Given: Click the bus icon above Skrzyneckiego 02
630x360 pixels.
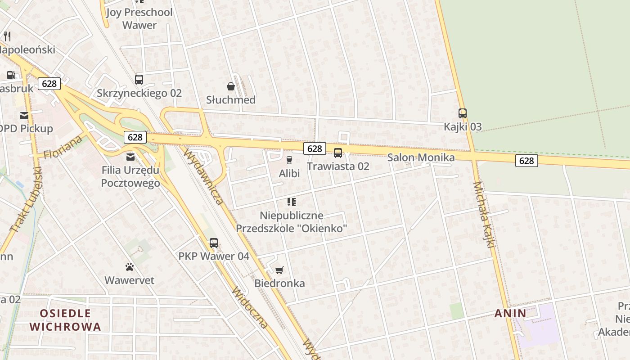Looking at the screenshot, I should pyautogui.click(x=139, y=80).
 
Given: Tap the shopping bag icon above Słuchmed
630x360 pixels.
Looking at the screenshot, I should pyautogui.click(x=231, y=86).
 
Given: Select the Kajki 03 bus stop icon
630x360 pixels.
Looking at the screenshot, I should pyautogui.click(x=463, y=113).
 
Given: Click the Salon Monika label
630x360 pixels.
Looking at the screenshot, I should pyautogui.click(x=421, y=157).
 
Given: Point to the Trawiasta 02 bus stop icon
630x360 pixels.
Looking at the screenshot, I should pyautogui.click(x=338, y=153).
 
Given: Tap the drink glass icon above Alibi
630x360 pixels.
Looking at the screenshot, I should pyautogui.click(x=289, y=160).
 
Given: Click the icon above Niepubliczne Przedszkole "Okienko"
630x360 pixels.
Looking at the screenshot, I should pyautogui.click(x=292, y=202).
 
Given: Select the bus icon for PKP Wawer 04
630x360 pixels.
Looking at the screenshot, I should pyautogui.click(x=214, y=243).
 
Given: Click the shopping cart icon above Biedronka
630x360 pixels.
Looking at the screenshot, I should pyautogui.click(x=279, y=270).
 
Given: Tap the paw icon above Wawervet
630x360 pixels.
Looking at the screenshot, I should pyautogui.click(x=130, y=267).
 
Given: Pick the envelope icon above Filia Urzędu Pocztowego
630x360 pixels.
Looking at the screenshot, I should pyautogui.click(x=130, y=157).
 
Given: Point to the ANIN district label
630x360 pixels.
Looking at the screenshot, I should pyautogui.click(x=510, y=314).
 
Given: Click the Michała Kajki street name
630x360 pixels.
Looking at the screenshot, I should pyautogui.click(x=484, y=214).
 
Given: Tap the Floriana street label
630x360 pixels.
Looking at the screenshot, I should pyautogui.click(x=63, y=147).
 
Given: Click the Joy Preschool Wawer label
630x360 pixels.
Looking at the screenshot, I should pyautogui.click(x=139, y=18).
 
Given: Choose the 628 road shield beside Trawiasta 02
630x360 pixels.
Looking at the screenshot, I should pyautogui.click(x=315, y=148).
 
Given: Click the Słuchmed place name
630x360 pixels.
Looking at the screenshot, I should pyautogui.click(x=231, y=100).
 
